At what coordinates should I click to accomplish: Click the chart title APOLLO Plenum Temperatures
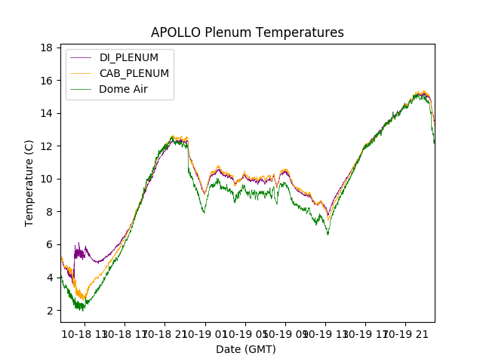click(247, 32)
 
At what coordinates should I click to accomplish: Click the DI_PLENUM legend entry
click(128, 57)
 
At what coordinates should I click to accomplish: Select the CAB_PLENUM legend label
click(134, 73)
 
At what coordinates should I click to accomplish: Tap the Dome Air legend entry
click(123, 89)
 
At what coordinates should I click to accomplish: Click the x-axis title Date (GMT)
click(246, 349)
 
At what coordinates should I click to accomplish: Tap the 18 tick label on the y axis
click(45, 48)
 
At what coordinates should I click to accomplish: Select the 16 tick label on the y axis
click(45, 81)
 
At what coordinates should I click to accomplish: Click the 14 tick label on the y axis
click(45, 113)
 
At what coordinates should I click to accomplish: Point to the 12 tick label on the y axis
click(45, 146)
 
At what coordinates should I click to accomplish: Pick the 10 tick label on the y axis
click(45, 179)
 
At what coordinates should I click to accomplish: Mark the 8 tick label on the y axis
click(48, 212)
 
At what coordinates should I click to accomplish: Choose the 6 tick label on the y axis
click(48, 244)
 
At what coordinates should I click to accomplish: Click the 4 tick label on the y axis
click(48, 278)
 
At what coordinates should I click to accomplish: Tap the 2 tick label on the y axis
click(48, 310)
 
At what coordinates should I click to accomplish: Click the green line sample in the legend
click(82, 89)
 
